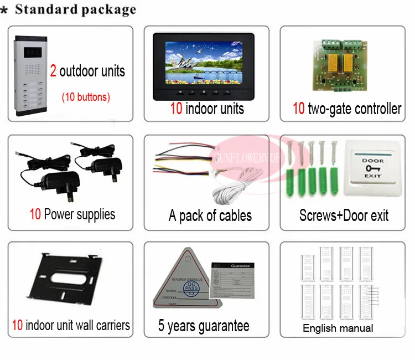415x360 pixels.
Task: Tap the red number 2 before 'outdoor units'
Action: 53,71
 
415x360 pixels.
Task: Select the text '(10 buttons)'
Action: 85,97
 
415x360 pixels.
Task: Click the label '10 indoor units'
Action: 206,108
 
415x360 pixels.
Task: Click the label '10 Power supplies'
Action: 72,214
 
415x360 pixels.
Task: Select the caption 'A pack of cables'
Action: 210,215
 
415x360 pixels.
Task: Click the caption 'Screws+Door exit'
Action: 344,215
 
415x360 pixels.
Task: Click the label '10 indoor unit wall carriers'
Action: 71,325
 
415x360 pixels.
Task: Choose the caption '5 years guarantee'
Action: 203,326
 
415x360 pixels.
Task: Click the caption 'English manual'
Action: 338,328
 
